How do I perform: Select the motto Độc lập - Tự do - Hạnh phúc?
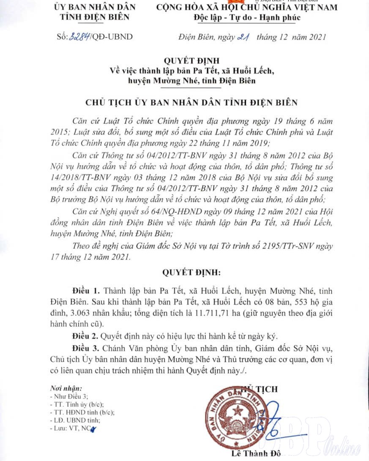[247, 17]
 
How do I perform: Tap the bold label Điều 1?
[86, 291]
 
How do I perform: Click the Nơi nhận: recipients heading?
[66, 388]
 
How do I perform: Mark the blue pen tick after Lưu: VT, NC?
[93, 429]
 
